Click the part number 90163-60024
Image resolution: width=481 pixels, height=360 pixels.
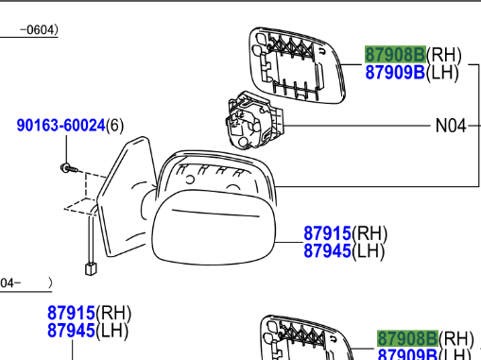(x=60, y=126)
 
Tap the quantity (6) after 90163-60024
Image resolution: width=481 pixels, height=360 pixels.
(x=115, y=126)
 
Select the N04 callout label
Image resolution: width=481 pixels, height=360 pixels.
(x=451, y=126)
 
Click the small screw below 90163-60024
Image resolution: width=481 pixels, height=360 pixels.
(x=69, y=168)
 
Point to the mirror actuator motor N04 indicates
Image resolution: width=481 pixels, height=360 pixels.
(x=253, y=121)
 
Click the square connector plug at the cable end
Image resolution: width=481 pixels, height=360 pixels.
(x=91, y=268)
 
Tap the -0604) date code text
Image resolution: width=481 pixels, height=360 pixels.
(x=39, y=30)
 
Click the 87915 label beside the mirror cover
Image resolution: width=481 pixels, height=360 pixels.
(x=327, y=233)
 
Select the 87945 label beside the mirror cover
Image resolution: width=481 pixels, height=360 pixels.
(x=327, y=251)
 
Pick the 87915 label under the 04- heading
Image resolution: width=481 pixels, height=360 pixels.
(x=71, y=313)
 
